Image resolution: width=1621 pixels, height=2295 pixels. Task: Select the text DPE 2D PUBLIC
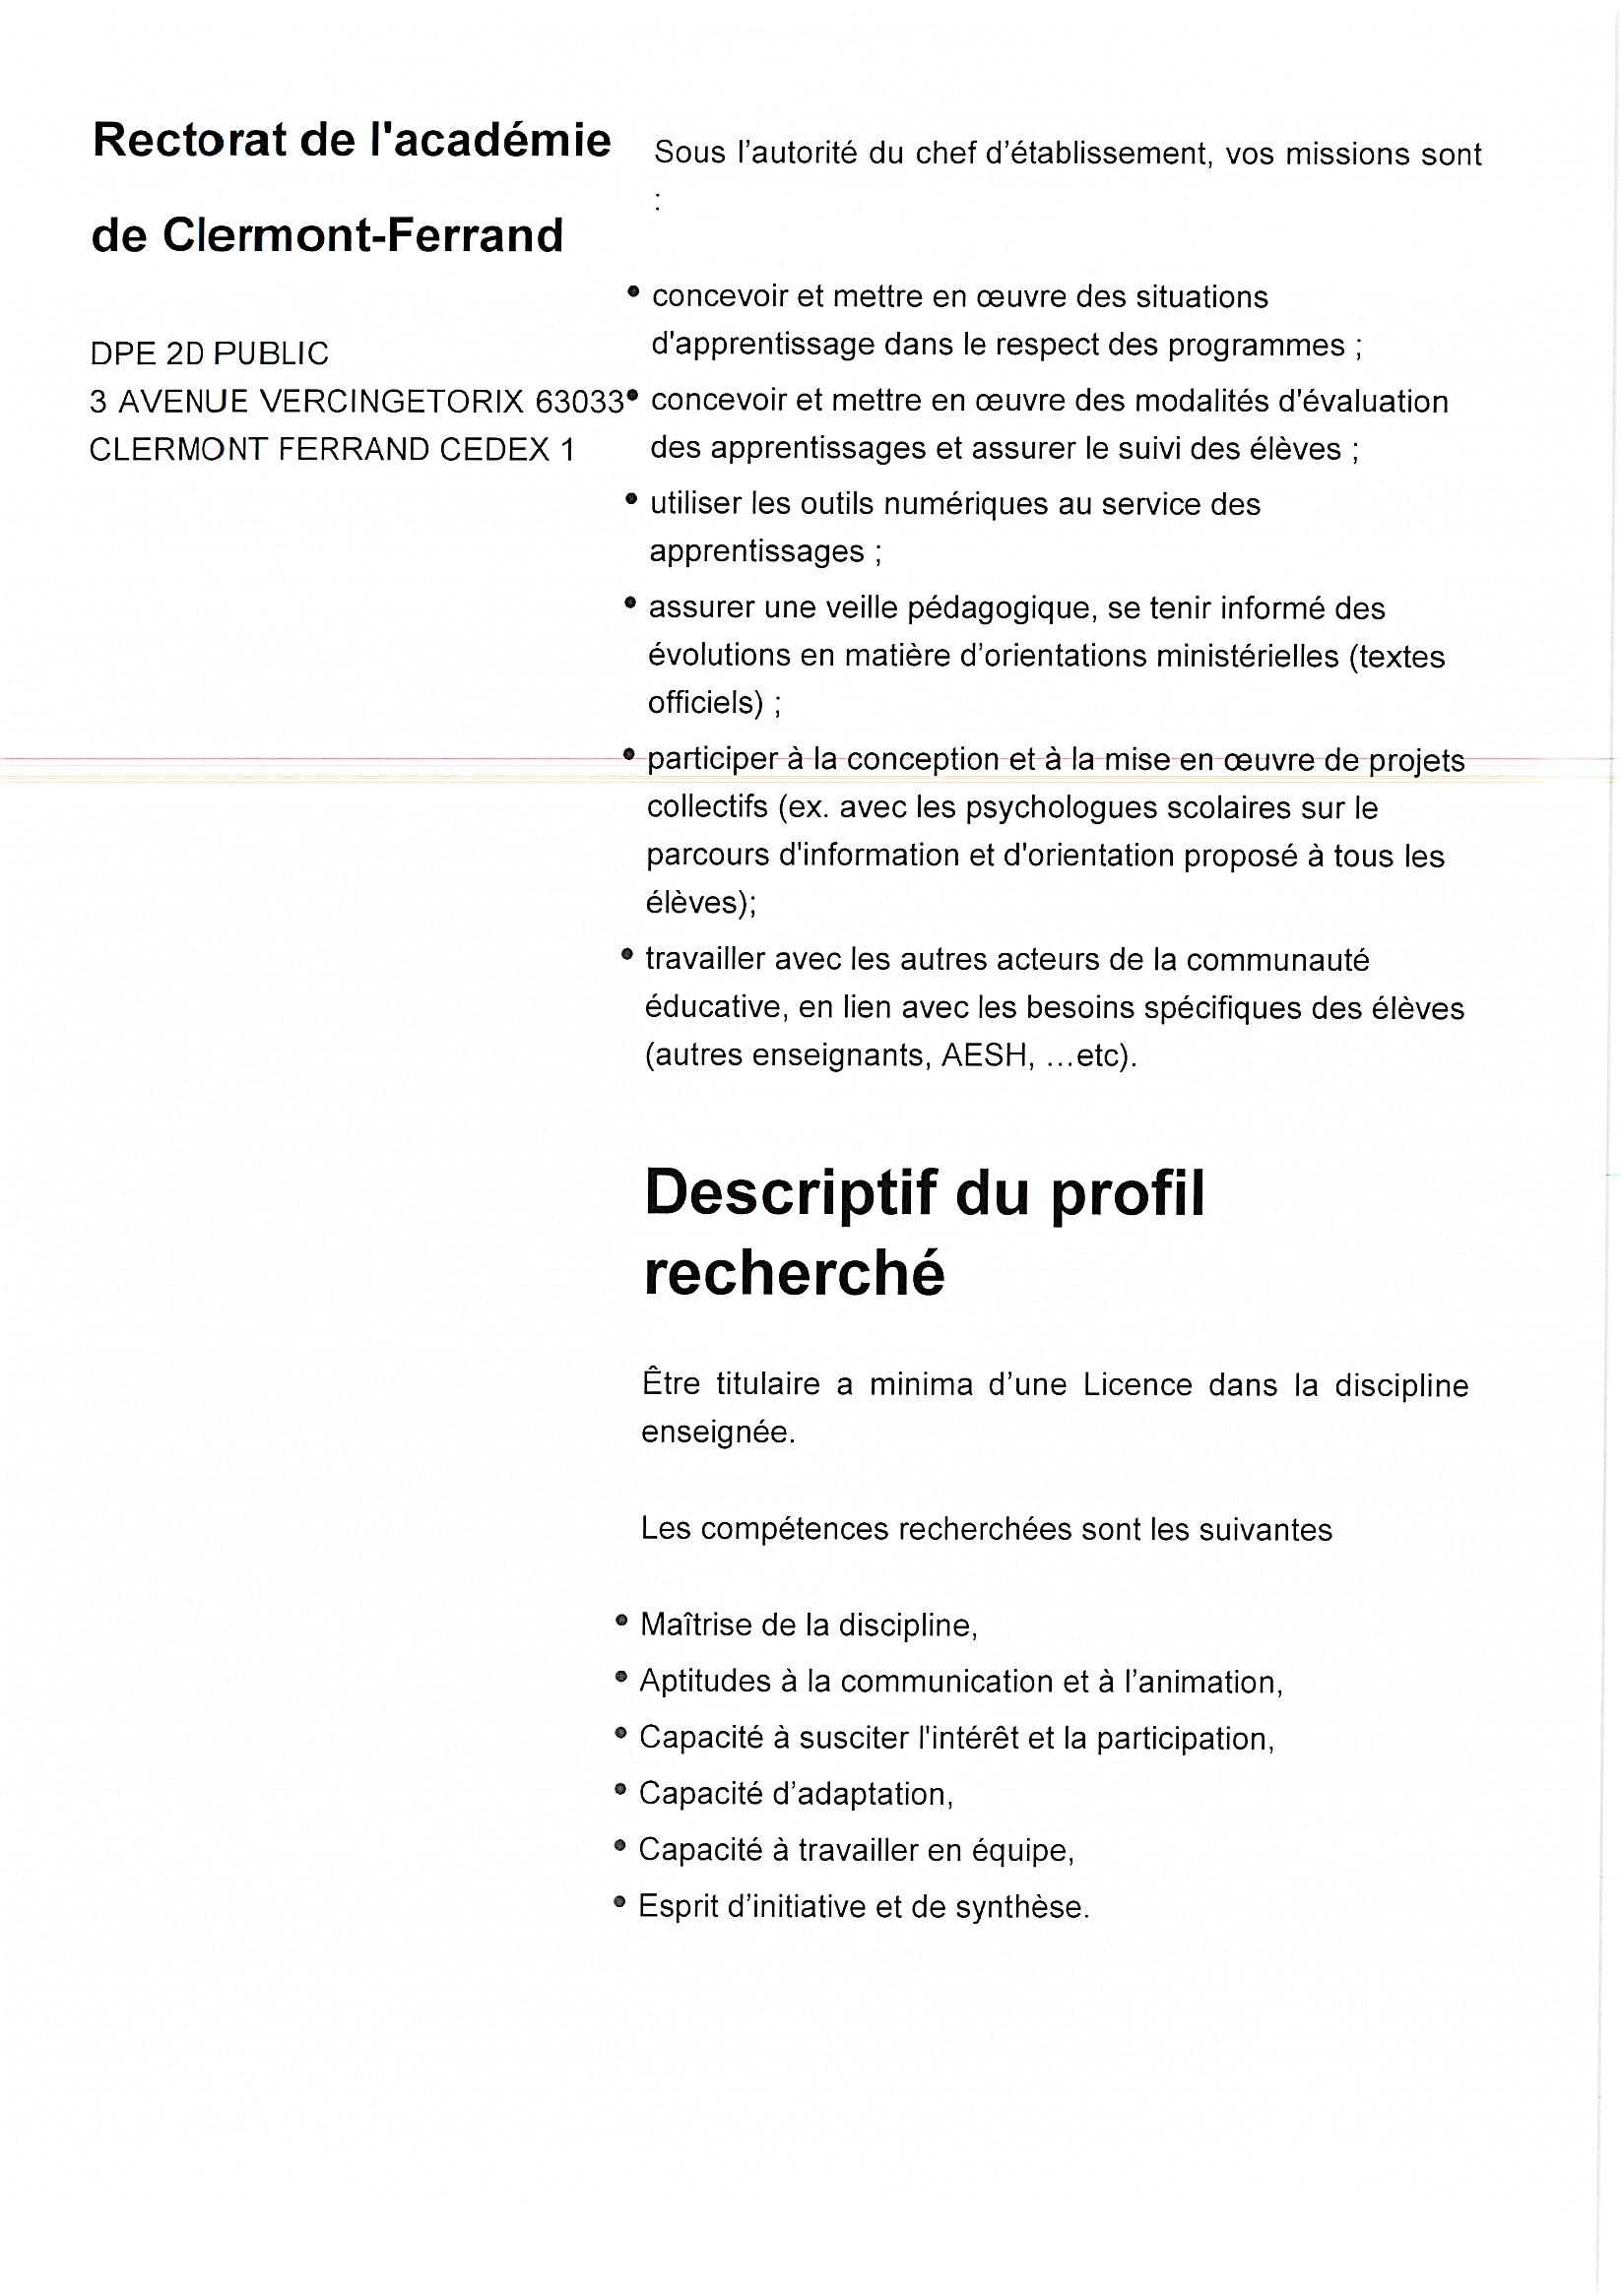pyautogui.click(x=209, y=353)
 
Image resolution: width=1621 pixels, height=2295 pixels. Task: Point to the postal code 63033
pyautogui.click(x=580, y=402)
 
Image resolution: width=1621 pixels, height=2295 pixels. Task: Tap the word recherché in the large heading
pyautogui.click(x=794, y=1274)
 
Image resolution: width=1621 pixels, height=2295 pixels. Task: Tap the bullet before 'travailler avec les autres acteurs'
pyautogui.click(x=627, y=955)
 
